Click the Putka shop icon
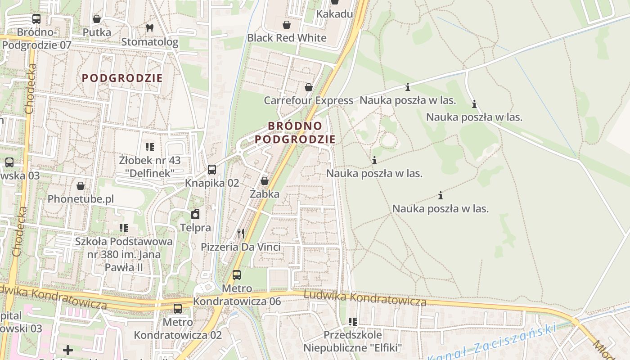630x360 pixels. pyautogui.click(x=96, y=19)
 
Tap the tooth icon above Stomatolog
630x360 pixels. pyautogui.click(x=150, y=28)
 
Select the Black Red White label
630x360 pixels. pyautogui.click(x=287, y=38)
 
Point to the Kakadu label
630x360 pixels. pyautogui.click(x=334, y=14)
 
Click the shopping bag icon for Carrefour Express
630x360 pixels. pyautogui.click(x=309, y=87)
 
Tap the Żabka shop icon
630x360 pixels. pyautogui.click(x=265, y=181)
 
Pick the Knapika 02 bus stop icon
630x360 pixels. pyautogui.click(x=212, y=170)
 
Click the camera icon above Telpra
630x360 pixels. pyautogui.click(x=195, y=214)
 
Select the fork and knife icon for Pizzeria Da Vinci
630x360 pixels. pyautogui.click(x=241, y=233)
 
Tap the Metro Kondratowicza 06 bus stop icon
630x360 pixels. pyautogui.click(x=237, y=274)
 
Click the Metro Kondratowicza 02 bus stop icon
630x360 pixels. pyautogui.click(x=178, y=309)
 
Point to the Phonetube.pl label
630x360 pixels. pyautogui.click(x=81, y=199)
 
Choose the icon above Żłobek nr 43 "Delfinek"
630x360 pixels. pyautogui.click(x=150, y=147)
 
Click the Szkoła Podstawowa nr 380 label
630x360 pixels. pyautogui.click(x=124, y=254)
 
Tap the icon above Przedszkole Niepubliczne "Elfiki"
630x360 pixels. pyautogui.click(x=353, y=321)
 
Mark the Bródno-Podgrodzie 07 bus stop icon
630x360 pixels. pyautogui.click(x=36, y=19)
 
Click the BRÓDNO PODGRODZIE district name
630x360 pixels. pyautogui.click(x=295, y=132)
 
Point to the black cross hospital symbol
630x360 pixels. pyautogui.click(x=68, y=350)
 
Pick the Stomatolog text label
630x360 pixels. pyautogui.click(x=150, y=42)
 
